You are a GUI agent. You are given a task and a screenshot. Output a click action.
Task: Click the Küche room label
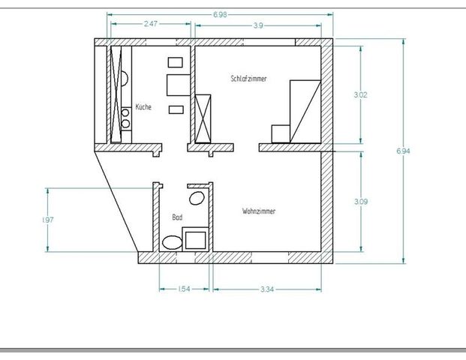click(x=143, y=107)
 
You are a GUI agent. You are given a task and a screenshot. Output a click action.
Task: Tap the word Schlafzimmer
click(x=250, y=78)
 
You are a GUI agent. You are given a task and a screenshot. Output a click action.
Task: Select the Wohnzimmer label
click(x=259, y=211)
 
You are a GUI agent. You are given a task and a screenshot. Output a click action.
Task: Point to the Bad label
click(x=177, y=217)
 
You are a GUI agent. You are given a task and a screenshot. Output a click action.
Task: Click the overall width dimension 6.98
click(x=221, y=14)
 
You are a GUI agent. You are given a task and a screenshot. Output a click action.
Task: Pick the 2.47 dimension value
click(x=151, y=24)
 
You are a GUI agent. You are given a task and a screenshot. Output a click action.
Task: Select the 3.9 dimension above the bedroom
click(x=257, y=25)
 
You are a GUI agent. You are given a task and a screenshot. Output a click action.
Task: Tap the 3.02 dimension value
click(x=360, y=94)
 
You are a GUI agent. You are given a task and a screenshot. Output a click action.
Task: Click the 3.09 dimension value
click(x=360, y=201)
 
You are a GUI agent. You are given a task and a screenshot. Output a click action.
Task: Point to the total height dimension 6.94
click(x=403, y=151)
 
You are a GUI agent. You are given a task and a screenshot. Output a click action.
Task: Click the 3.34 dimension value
click(x=266, y=288)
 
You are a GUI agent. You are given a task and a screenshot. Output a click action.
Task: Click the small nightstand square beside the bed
click(x=280, y=133)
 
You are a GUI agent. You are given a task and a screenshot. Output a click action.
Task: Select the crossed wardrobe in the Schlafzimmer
click(x=203, y=118)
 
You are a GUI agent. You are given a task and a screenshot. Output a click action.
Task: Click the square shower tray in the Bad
click(x=197, y=239)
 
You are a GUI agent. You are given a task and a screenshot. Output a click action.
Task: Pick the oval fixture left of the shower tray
click(x=172, y=242)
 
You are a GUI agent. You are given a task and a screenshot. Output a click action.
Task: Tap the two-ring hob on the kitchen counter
click(x=126, y=118)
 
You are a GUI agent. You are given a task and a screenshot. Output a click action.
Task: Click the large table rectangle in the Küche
click(x=177, y=85)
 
